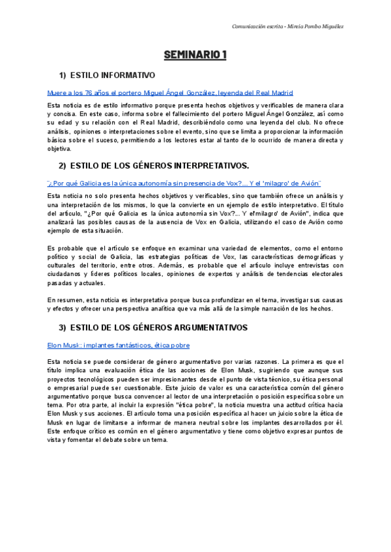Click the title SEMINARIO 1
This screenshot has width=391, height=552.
click(x=195, y=55)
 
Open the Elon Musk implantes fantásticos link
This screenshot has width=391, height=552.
click(x=119, y=345)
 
